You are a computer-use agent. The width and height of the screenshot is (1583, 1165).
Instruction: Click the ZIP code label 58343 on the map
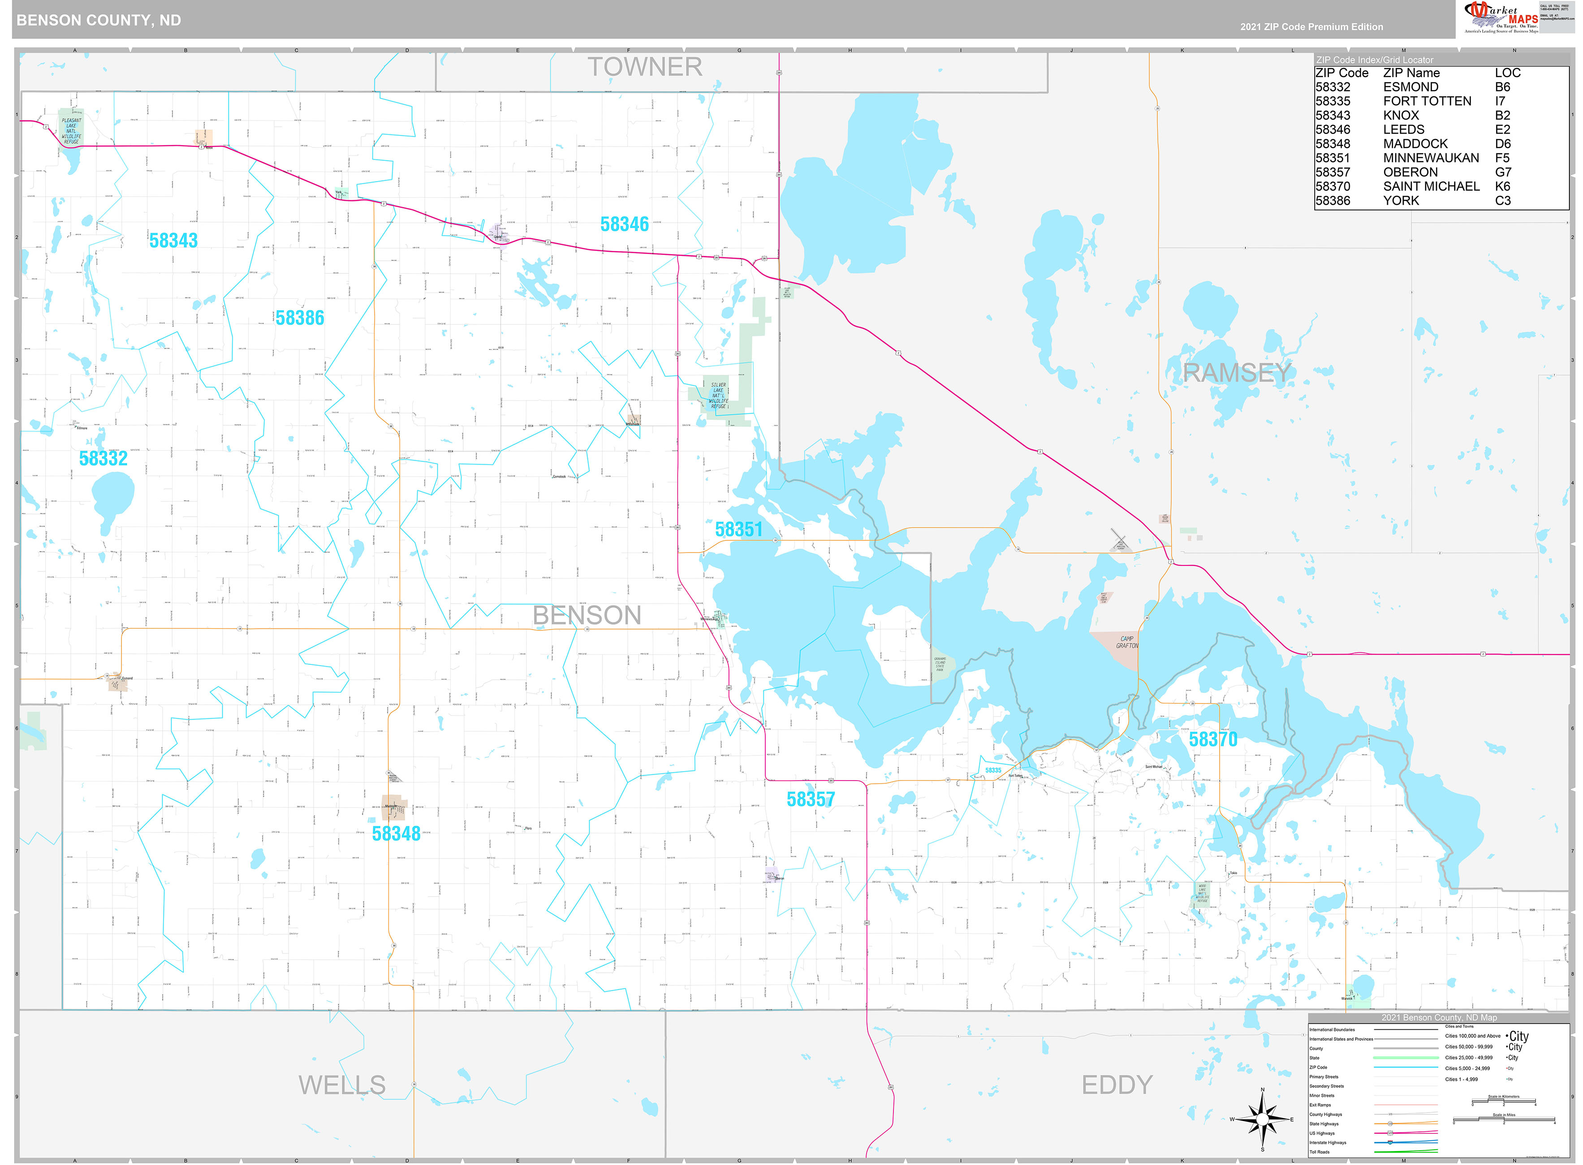click(x=173, y=241)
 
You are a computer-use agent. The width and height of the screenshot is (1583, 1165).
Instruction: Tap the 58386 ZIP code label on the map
click(x=300, y=318)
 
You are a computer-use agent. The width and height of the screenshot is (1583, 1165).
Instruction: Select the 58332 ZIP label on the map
click(x=103, y=458)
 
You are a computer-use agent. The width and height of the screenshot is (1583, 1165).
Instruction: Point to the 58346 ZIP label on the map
click(x=624, y=224)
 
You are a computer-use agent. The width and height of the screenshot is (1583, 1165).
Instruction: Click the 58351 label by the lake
click(x=738, y=530)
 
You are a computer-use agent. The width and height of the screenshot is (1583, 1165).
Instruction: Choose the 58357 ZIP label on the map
click(x=810, y=800)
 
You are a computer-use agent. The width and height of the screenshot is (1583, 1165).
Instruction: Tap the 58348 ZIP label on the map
click(x=396, y=833)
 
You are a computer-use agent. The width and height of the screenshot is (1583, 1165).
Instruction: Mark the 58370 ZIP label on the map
click(x=1213, y=739)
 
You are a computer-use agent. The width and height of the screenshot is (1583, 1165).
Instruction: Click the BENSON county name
click(x=587, y=616)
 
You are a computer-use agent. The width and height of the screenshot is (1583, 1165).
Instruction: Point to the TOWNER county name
click(x=644, y=68)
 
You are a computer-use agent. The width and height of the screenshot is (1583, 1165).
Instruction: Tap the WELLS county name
click(x=342, y=1085)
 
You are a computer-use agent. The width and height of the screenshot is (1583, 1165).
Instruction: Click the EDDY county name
click(x=1117, y=1085)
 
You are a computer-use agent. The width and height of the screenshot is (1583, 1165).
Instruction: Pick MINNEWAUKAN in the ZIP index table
click(x=1431, y=158)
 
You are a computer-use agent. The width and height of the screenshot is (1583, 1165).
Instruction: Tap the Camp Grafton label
click(x=1126, y=642)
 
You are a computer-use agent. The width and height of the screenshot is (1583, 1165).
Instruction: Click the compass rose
click(x=1262, y=1119)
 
